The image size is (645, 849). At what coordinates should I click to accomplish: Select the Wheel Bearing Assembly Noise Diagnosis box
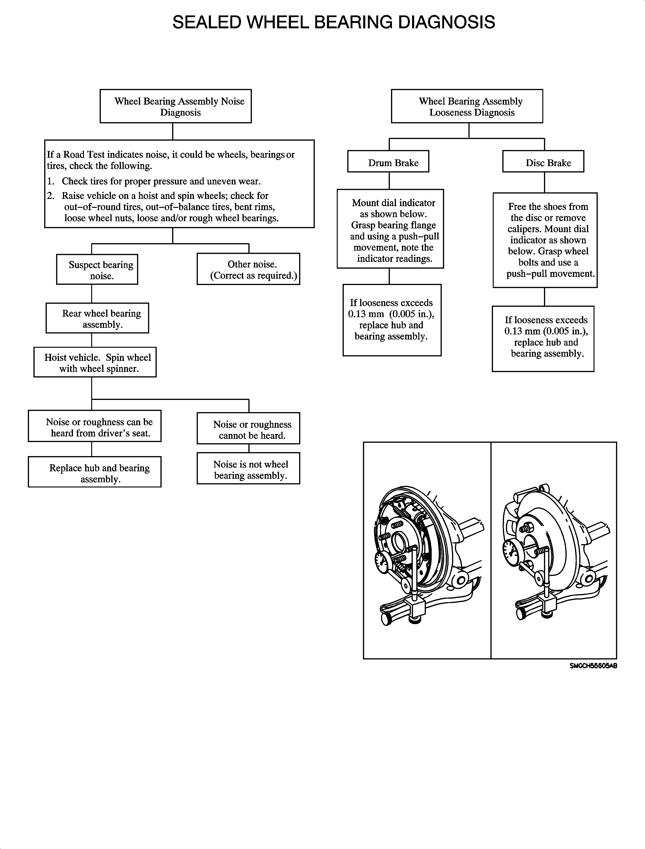point(175,106)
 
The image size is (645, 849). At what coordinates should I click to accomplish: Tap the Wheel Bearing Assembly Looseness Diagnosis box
point(467,106)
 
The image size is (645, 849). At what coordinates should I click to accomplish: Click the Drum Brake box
point(388,162)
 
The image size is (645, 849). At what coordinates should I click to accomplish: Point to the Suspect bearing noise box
point(97,270)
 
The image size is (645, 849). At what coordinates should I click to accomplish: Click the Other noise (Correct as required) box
point(248,269)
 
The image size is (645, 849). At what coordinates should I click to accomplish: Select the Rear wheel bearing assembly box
point(97,318)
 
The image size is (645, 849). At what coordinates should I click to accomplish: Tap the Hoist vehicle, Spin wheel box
point(95,363)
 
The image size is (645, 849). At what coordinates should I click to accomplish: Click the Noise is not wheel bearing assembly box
point(248,469)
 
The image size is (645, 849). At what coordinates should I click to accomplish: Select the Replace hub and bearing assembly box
point(95,472)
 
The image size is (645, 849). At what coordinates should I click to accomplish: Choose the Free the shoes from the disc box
point(545,241)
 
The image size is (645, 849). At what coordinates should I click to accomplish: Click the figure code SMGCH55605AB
point(593,666)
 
